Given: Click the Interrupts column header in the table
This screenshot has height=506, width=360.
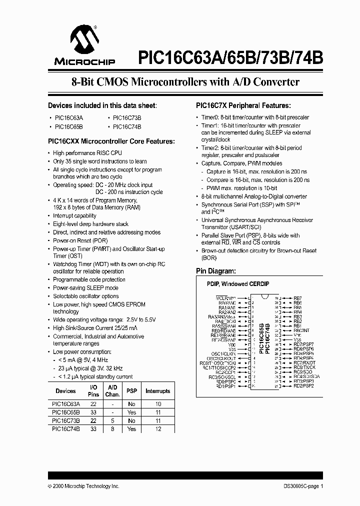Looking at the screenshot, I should [x=157, y=391].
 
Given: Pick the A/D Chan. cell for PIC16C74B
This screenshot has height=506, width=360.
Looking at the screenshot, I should [x=112, y=429].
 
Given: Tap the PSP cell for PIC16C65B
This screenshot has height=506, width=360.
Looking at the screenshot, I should [x=131, y=412].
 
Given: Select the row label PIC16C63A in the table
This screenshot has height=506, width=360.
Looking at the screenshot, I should [x=65, y=404].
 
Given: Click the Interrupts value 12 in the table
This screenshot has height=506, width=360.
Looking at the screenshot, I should [x=157, y=429].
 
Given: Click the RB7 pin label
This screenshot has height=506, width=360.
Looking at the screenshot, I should [x=297, y=298].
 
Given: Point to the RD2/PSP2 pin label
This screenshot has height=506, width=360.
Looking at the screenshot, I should [x=303, y=386].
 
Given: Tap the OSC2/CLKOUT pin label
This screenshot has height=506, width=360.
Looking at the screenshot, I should [x=222, y=358].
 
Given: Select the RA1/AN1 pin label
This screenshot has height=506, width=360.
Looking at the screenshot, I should [x=227, y=307].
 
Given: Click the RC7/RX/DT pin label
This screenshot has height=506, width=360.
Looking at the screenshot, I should [x=304, y=362].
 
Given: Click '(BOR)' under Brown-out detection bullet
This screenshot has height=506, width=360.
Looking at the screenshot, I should [x=208, y=257].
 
